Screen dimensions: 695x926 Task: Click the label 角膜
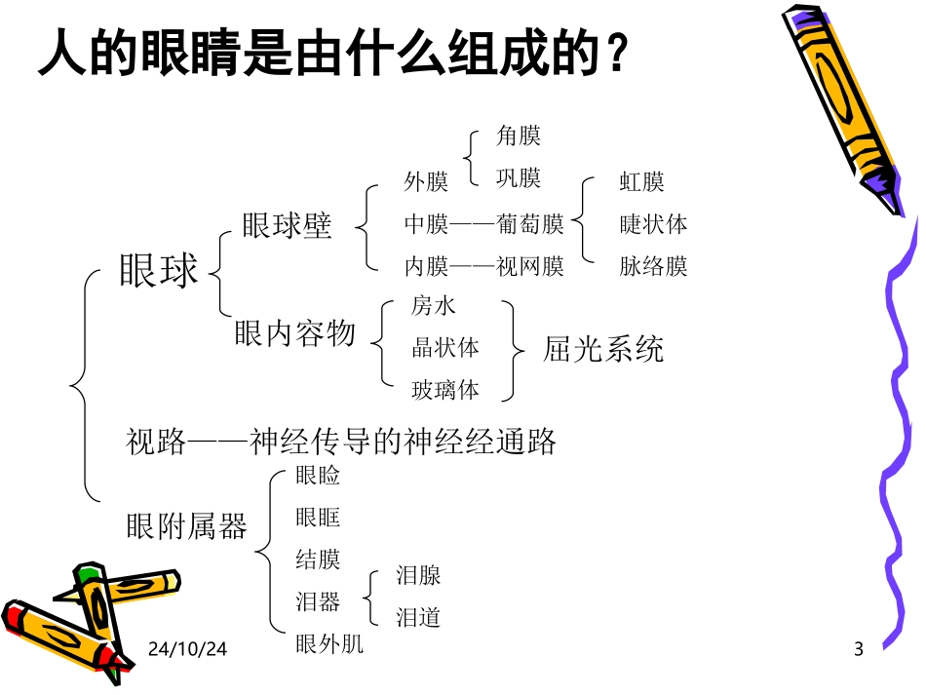[x=519, y=136]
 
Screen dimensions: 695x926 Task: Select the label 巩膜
[x=519, y=178]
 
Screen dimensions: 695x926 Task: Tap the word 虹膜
[x=642, y=182]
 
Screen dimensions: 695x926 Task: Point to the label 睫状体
[x=653, y=224]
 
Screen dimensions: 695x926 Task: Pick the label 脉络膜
[x=653, y=266]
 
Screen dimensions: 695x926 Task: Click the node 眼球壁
[x=288, y=226]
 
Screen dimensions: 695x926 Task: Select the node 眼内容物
[x=295, y=334]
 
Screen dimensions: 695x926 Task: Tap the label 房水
[x=434, y=306]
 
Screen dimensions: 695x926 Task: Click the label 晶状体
[x=445, y=348]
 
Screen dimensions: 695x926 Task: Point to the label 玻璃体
[x=445, y=390]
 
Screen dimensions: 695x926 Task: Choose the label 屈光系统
[x=603, y=349]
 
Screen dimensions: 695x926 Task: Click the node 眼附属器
[x=187, y=526]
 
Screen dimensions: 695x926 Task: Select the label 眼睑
[x=318, y=476]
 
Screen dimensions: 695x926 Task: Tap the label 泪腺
[x=418, y=575]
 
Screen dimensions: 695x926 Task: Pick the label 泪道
[x=418, y=617]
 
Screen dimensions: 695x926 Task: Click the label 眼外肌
[x=329, y=644]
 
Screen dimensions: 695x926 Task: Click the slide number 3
[x=859, y=649]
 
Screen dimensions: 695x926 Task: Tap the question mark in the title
[x=614, y=57]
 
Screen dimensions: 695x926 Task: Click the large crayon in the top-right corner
[x=844, y=107]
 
